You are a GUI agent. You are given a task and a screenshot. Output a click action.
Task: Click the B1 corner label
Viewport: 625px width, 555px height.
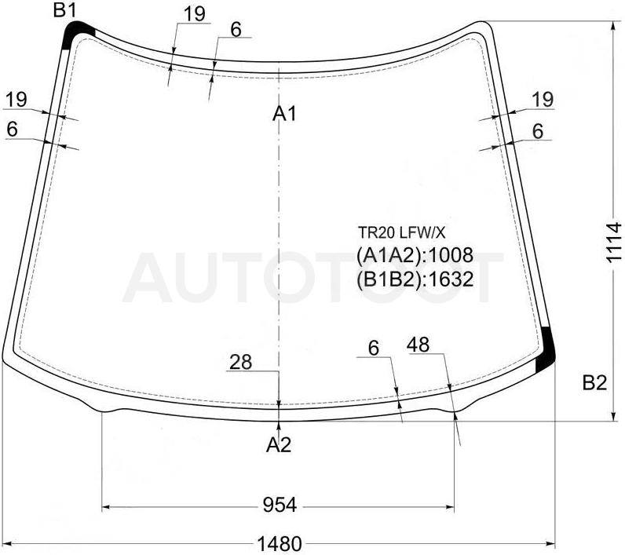coord(64,10)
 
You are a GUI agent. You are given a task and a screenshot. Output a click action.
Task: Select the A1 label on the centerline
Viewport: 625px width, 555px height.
coord(284,115)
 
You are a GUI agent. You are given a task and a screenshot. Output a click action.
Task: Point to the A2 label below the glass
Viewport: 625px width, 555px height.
coord(279,444)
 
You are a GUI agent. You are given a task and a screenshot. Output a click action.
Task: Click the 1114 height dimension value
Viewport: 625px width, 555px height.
coord(613,243)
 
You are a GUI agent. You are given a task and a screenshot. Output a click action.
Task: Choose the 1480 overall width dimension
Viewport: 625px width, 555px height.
coord(280,543)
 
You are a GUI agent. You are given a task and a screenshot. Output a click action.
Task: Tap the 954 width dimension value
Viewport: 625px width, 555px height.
coord(280,506)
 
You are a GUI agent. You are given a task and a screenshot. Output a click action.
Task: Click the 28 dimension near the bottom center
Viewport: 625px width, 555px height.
coord(241,362)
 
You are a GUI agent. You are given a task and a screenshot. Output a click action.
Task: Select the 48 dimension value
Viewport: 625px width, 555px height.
coord(418,345)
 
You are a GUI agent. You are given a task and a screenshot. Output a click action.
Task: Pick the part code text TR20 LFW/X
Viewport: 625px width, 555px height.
coord(401,232)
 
